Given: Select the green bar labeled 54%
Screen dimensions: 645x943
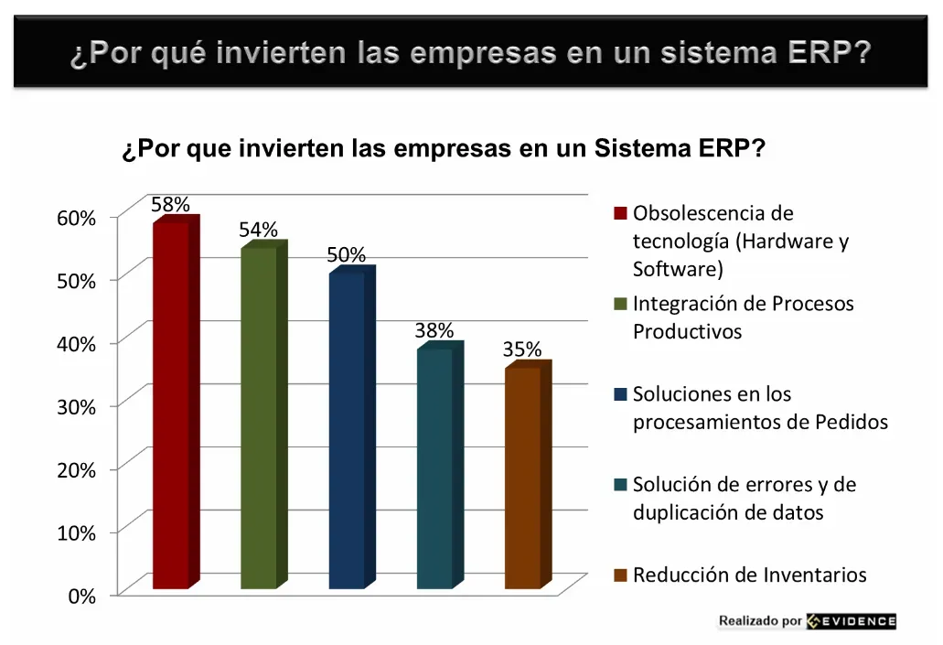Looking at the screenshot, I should [259, 416].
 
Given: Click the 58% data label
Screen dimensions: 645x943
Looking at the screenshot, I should [170, 204].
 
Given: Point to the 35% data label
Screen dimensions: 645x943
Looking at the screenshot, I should [522, 349].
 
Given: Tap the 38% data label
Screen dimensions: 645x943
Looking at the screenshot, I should [434, 330].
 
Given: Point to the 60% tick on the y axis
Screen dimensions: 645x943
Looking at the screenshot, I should [76, 218].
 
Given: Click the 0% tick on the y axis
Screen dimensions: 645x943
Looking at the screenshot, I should [81, 596].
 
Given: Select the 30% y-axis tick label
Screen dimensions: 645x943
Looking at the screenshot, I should [76, 407].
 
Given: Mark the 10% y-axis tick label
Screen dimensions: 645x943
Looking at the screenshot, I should [76, 532].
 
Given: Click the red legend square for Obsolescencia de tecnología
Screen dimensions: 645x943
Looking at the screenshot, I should [620, 214].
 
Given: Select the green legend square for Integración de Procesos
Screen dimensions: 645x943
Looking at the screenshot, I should [620, 304].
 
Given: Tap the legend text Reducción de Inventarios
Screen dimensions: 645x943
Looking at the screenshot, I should [749, 575].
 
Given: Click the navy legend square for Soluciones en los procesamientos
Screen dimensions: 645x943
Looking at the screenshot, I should [620, 394].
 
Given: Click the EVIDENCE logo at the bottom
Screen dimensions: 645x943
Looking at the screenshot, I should [852, 621].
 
